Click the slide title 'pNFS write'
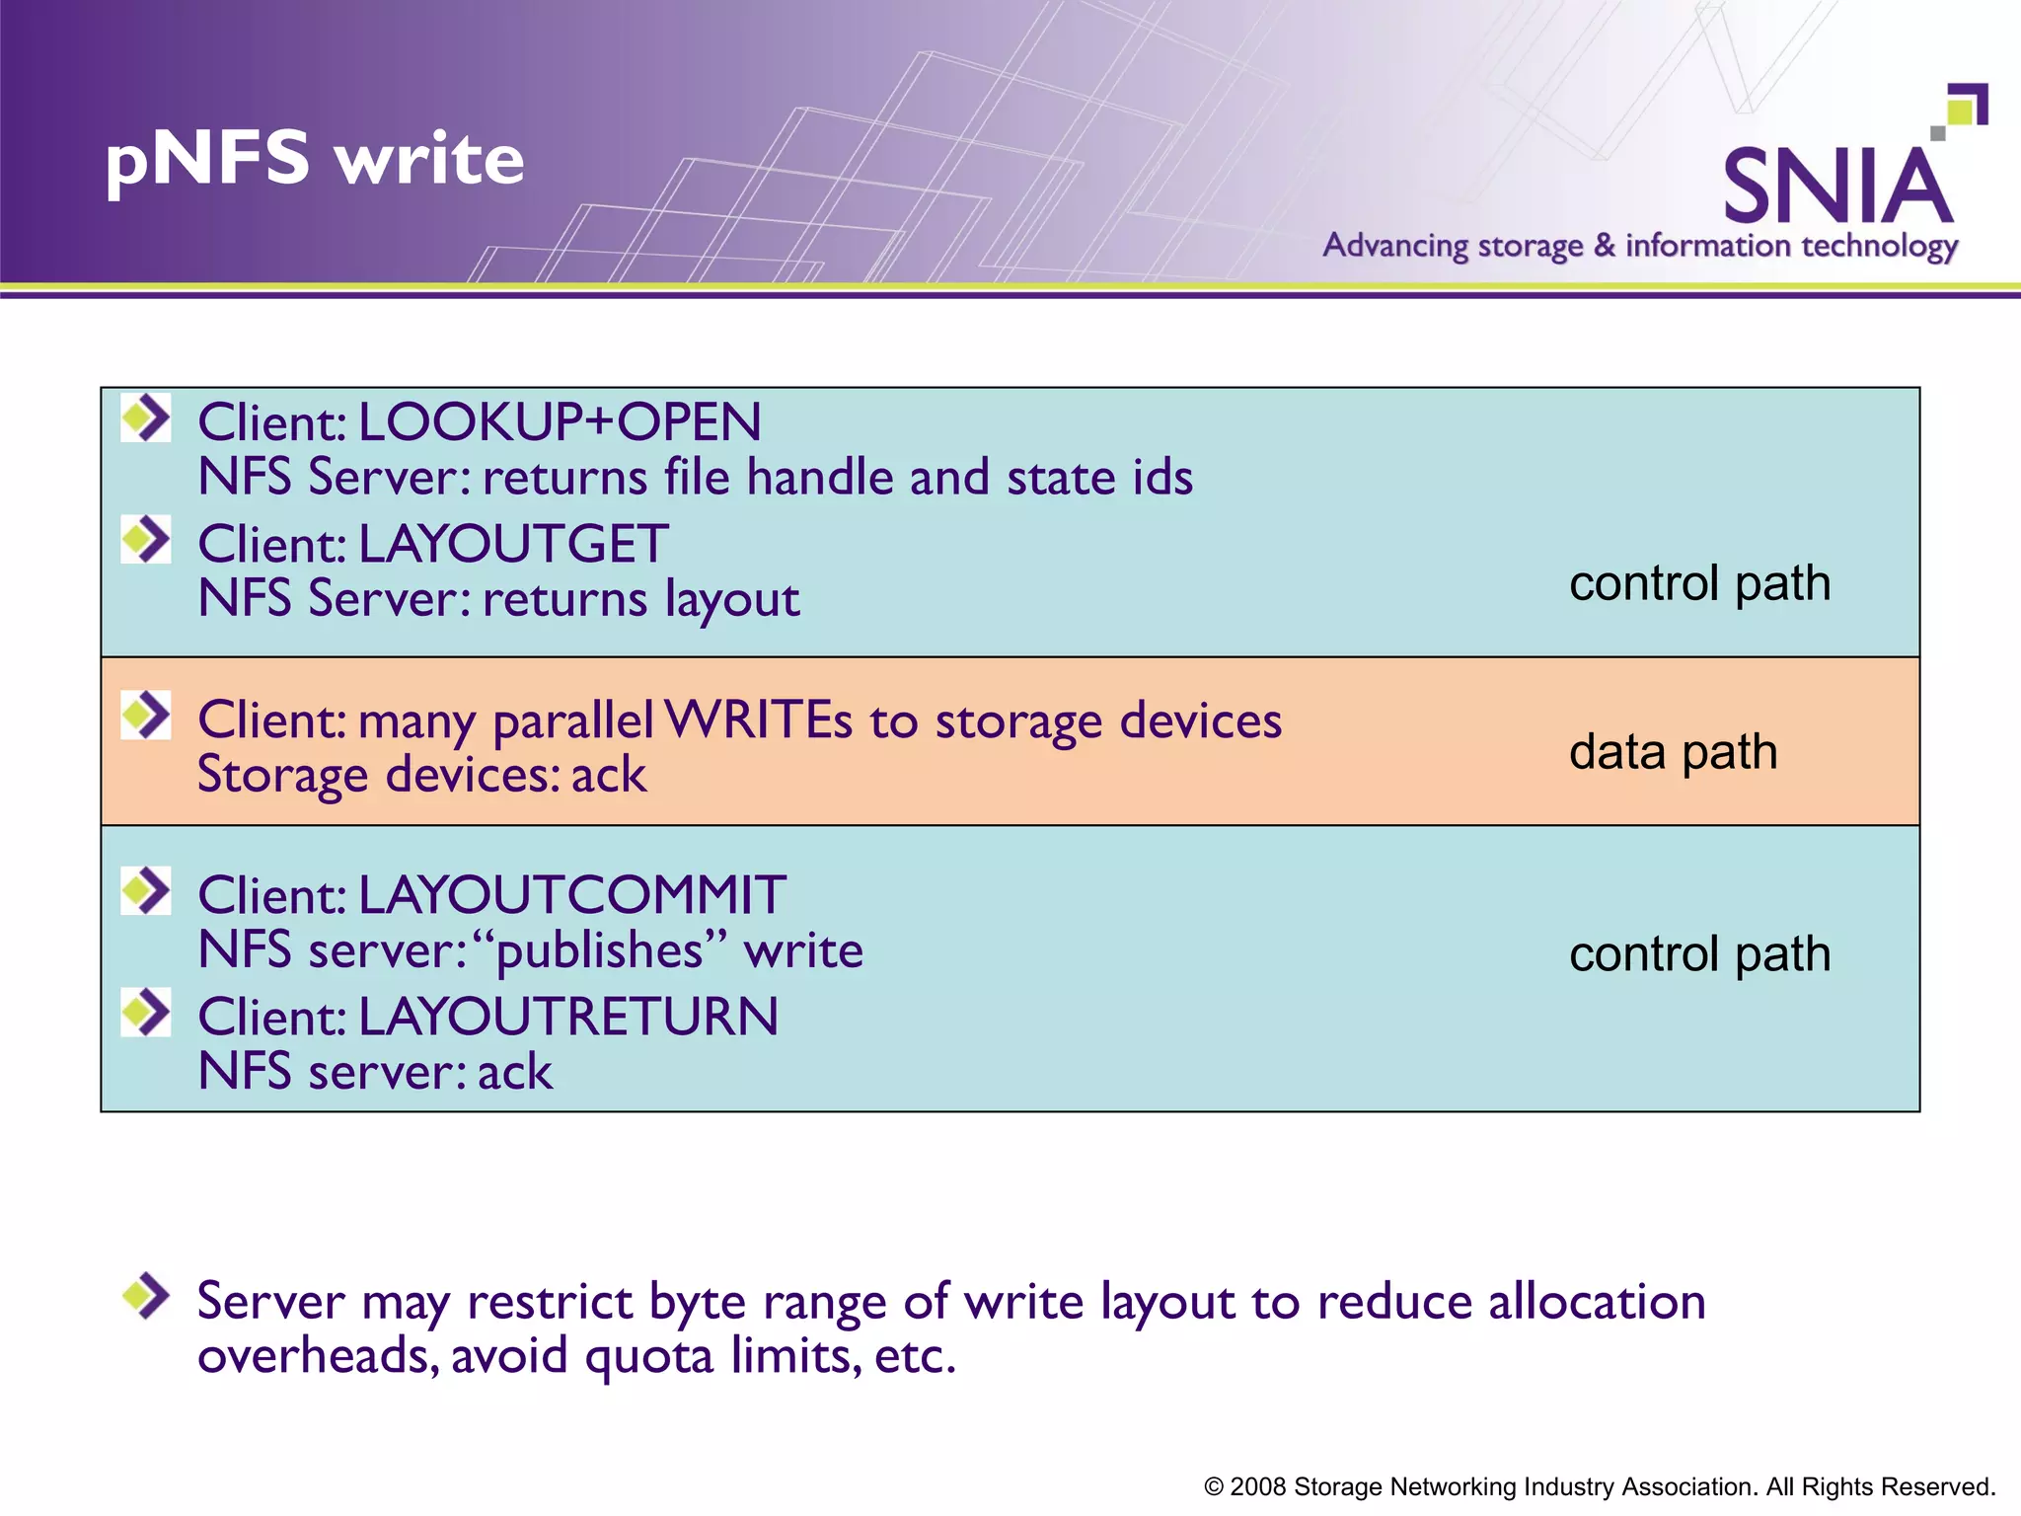pyautogui.click(x=315, y=160)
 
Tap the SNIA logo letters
pyautogui.click(x=1837, y=187)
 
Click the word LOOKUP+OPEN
pyautogui.click(x=560, y=422)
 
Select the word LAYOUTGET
pyautogui.click(x=513, y=544)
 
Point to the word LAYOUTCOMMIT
pyautogui.click(x=571, y=895)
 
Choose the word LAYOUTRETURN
pyautogui.click(x=567, y=1017)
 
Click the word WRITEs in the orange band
pyautogui.click(x=758, y=720)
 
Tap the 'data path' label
pyautogui.click(x=1674, y=752)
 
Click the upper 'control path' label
pyautogui.click(x=1699, y=583)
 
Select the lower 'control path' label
pyautogui.click(x=1699, y=954)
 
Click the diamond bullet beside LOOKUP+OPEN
pyautogui.click(x=147, y=417)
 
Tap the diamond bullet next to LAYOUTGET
pyautogui.click(x=147, y=539)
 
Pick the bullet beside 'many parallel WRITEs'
pyautogui.click(x=147, y=715)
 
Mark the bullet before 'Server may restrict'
pyautogui.click(x=147, y=1295)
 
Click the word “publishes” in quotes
pyautogui.click(x=601, y=951)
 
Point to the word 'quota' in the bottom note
pyautogui.click(x=648, y=1356)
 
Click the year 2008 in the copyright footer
pyautogui.click(x=1257, y=1486)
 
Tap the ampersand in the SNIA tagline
pyautogui.click(x=1605, y=245)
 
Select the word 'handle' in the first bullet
pyautogui.click(x=820, y=478)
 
